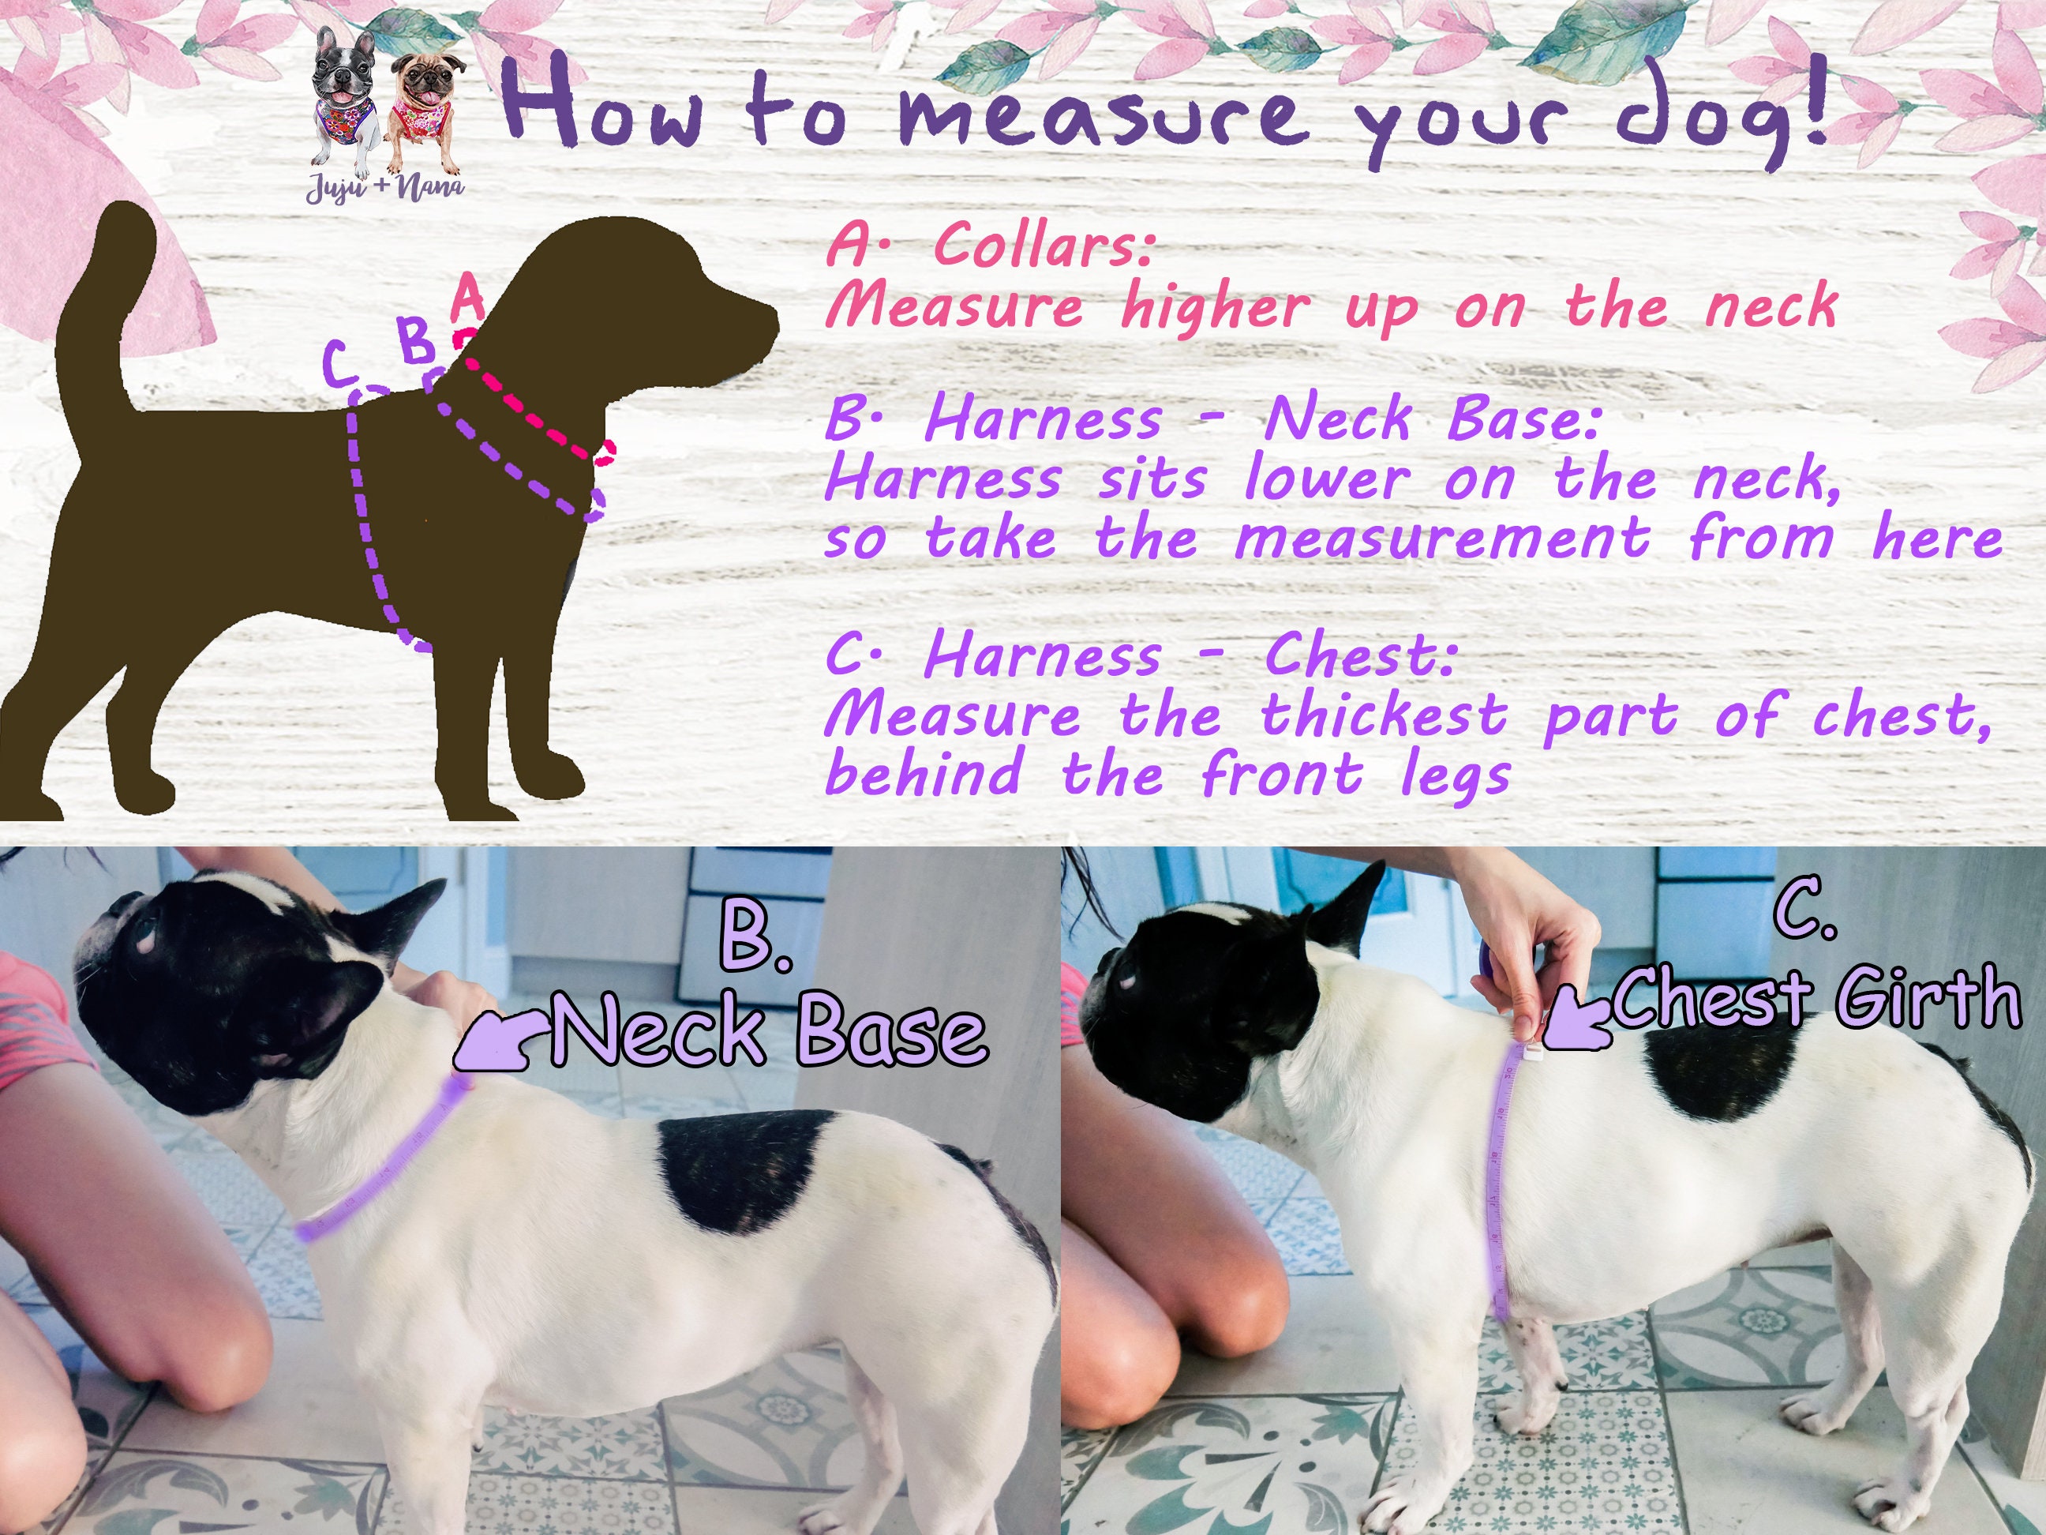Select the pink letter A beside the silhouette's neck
469,298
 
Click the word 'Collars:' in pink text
1044,246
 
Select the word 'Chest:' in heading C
1360,657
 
